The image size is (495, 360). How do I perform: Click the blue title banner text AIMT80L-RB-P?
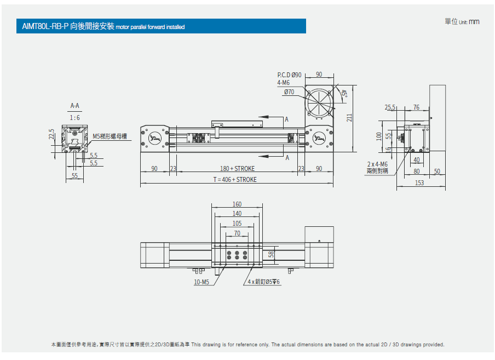click(45, 26)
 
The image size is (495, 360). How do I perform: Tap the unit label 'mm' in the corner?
click(474, 22)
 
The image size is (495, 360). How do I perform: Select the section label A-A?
click(75, 106)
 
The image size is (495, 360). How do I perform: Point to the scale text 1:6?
click(75, 118)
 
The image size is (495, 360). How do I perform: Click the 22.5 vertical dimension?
click(51, 134)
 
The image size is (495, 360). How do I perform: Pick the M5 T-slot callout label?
click(110, 136)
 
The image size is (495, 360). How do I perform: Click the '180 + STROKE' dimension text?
click(238, 169)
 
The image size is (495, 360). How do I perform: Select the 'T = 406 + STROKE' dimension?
click(235, 180)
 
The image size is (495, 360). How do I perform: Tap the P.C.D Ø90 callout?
click(289, 75)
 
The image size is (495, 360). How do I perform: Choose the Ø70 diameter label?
click(289, 92)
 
